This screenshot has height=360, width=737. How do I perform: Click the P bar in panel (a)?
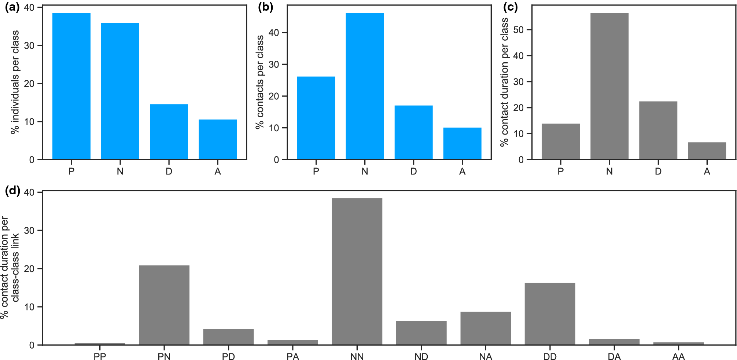pyautogui.click(x=71, y=86)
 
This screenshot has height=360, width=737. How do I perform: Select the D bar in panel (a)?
pyautogui.click(x=169, y=132)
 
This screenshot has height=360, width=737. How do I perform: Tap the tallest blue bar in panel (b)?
pyautogui.click(x=365, y=86)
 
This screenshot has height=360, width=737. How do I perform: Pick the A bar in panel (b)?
pyautogui.click(x=462, y=143)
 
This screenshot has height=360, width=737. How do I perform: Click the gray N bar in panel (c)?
pyautogui.click(x=609, y=86)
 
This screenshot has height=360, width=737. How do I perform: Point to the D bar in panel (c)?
pyautogui.click(x=658, y=130)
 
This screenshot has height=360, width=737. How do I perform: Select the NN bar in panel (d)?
pyautogui.click(x=357, y=271)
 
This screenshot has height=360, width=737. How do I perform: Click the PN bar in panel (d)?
pyautogui.click(x=164, y=305)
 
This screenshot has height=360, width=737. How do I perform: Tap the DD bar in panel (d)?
pyautogui.click(x=550, y=314)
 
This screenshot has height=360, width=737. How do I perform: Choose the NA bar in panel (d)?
pyautogui.click(x=486, y=328)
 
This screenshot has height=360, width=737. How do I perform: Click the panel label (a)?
pyautogui.click(x=12, y=8)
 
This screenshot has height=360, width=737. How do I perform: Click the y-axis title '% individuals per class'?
pyautogui.click(x=15, y=82)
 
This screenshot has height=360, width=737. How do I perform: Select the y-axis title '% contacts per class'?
pyautogui.click(x=260, y=82)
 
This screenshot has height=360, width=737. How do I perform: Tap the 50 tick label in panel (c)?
pyautogui.click(x=519, y=30)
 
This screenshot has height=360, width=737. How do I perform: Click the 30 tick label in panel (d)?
pyautogui.click(x=29, y=231)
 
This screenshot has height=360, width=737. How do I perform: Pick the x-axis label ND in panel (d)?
pyautogui.click(x=421, y=357)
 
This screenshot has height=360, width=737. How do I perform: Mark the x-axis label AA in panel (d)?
pyautogui.click(x=678, y=357)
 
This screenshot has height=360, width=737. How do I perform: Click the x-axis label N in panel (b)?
pyautogui.click(x=365, y=171)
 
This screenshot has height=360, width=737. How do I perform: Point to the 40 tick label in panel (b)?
pyautogui.click(x=274, y=33)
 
